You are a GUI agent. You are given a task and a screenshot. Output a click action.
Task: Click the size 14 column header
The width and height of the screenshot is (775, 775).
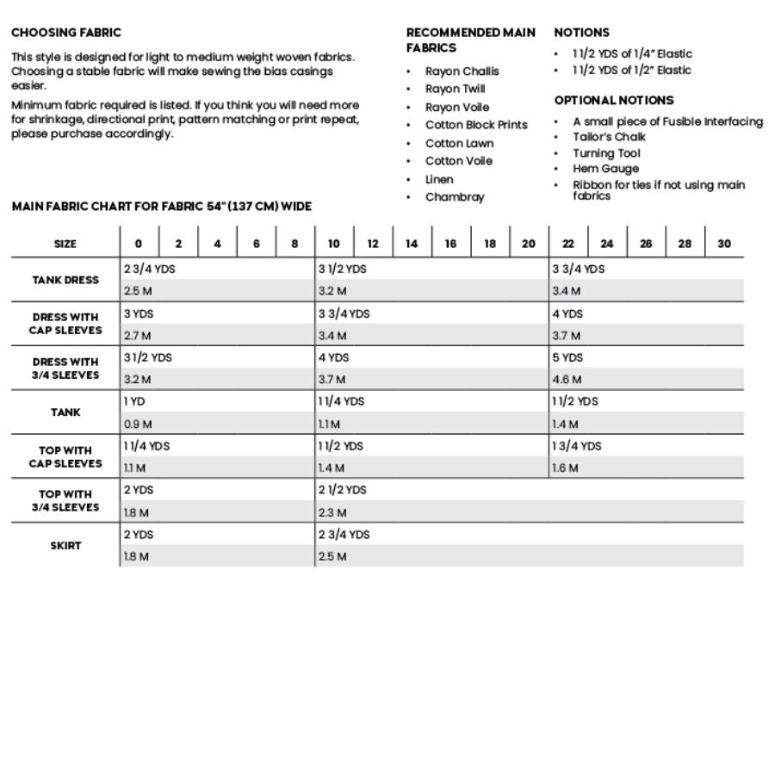point(412,244)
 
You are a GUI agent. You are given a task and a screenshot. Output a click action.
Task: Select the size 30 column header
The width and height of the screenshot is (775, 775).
point(724,244)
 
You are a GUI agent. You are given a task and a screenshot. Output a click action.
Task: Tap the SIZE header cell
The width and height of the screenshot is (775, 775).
point(65,244)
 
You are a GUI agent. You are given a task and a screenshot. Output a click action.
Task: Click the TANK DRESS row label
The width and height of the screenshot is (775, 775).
point(65,280)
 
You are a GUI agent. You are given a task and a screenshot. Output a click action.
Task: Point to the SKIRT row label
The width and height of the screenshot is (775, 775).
point(65,545)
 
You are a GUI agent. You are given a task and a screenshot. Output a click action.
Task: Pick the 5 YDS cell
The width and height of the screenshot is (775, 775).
point(568,357)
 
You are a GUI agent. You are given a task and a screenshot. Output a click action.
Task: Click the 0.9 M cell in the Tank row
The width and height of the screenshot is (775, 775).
point(138,424)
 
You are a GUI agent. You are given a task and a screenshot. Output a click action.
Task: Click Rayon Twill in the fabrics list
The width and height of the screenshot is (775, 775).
point(455,89)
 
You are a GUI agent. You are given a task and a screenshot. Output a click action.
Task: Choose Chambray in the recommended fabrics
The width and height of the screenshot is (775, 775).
point(455,197)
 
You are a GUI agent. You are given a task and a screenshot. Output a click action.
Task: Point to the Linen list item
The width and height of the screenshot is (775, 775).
point(439,179)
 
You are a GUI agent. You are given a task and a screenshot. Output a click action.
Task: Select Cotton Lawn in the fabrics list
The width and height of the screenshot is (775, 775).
point(459,143)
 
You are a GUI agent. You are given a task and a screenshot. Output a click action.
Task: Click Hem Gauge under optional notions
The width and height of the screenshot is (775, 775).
point(605,169)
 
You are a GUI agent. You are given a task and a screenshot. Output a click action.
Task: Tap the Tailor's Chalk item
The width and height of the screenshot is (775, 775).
point(609,137)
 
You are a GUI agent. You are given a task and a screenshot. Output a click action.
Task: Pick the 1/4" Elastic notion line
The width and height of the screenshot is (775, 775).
point(632,53)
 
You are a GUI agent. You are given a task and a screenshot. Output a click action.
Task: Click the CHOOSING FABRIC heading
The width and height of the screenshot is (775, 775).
point(66,33)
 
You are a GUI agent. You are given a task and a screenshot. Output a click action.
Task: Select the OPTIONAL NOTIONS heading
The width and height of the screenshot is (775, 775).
point(614,100)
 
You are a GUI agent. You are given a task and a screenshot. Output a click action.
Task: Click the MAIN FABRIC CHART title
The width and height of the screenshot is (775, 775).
point(161,207)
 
